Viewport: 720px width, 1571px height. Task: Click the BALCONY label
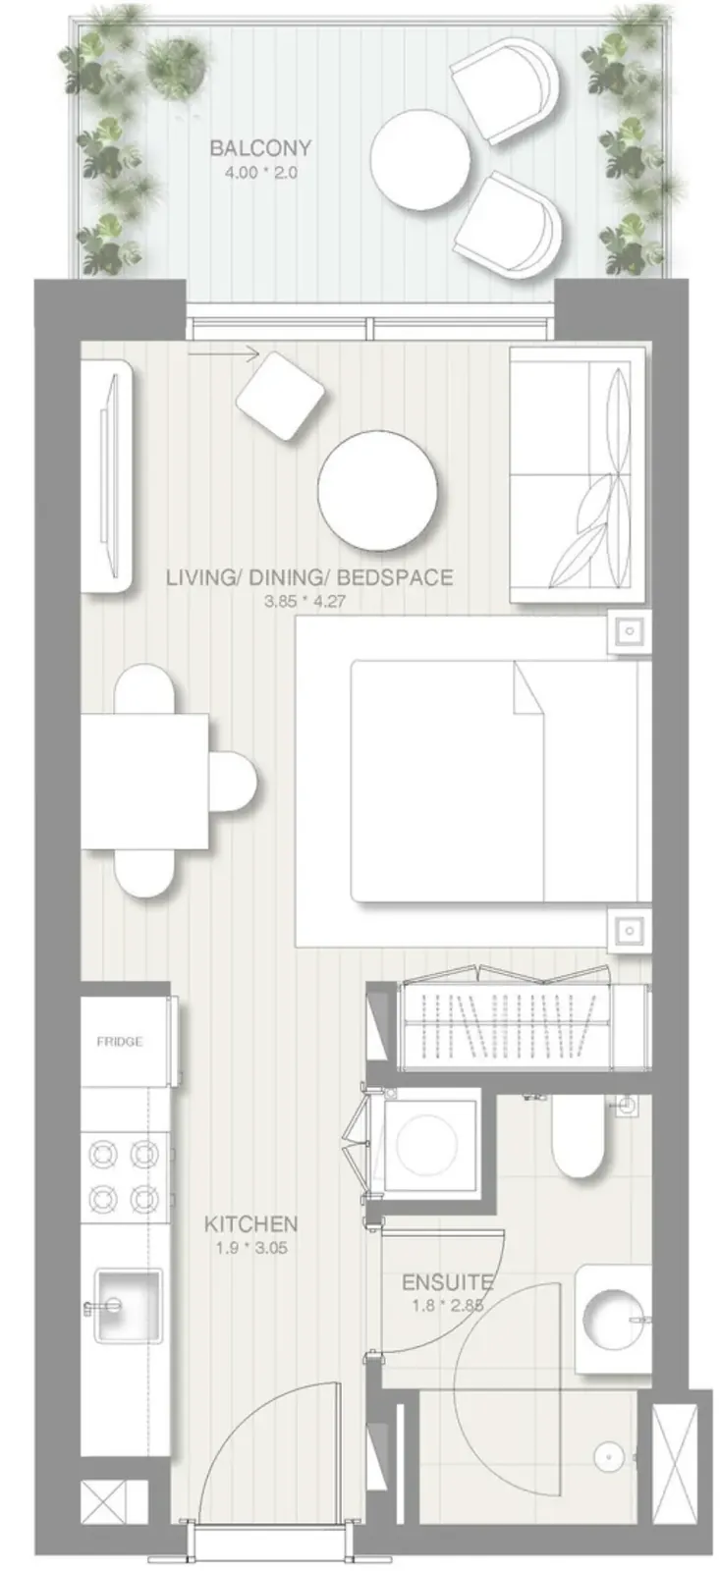tap(260, 148)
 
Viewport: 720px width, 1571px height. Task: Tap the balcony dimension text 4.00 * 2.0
tap(260, 173)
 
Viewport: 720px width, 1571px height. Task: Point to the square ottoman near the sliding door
tap(280, 396)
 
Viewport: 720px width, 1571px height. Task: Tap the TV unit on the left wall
tap(107, 476)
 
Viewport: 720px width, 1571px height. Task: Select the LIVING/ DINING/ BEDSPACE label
tap(309, 577)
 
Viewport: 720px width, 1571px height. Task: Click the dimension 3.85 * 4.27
tap(305, 601)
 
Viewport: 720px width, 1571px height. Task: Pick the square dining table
tap(145, 782)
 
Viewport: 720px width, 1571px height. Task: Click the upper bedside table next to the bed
tap(630, 631)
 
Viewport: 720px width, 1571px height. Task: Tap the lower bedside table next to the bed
tap(630, 931)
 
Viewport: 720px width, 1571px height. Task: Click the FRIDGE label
tap(119, 1042)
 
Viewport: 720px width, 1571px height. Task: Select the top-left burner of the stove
tap(104, 1153)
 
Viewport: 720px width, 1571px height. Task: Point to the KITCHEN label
tap(250, 1224)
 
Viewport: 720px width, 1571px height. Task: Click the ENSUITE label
tap(448, 1283)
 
